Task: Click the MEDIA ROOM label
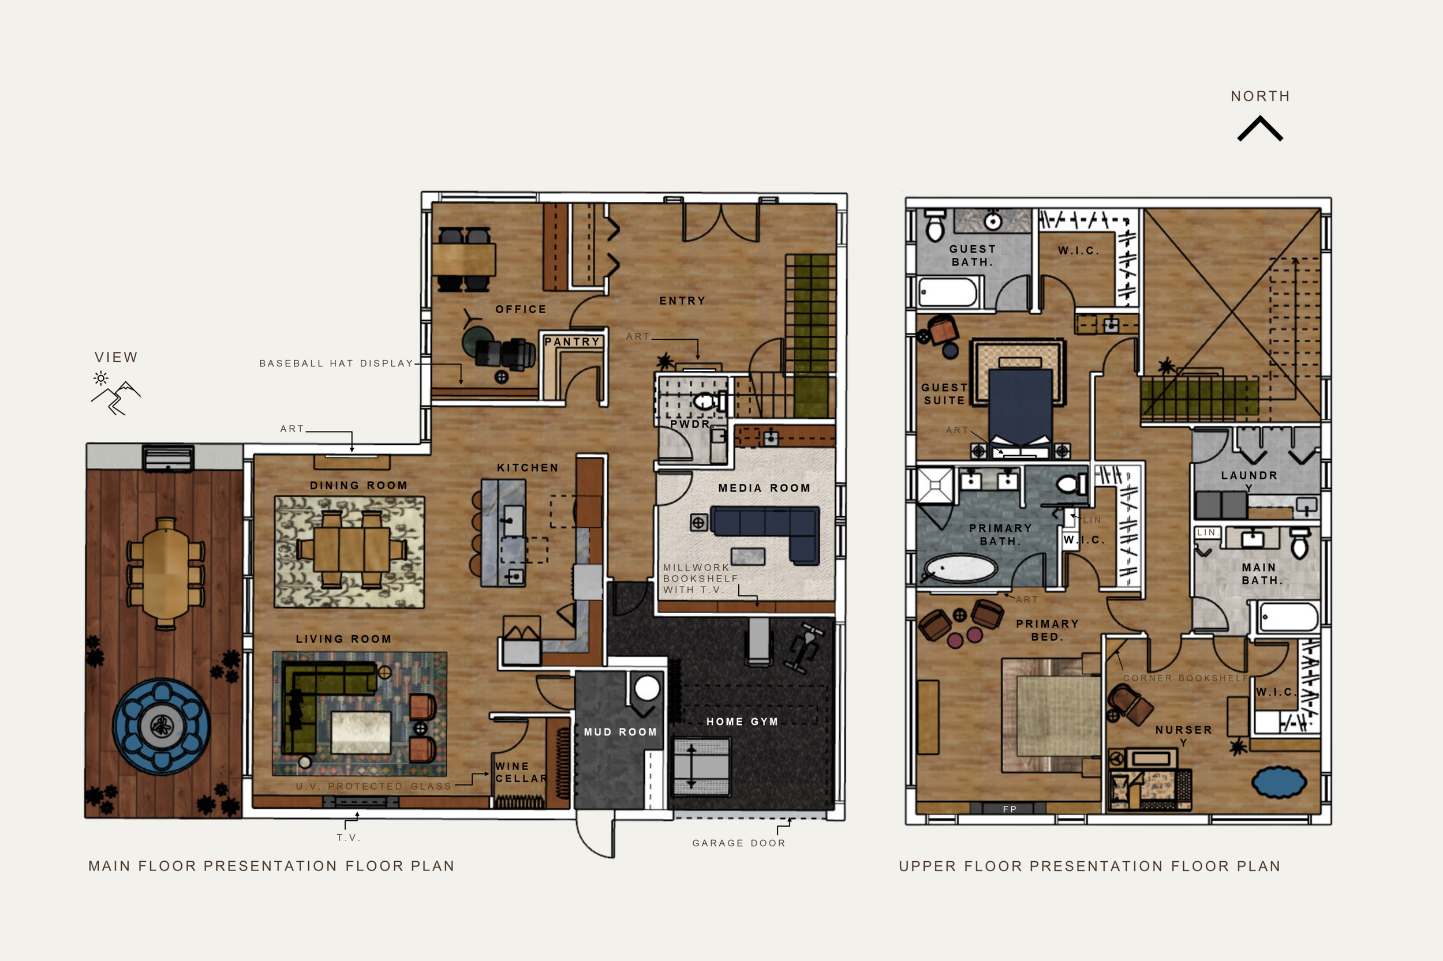coord(764,488)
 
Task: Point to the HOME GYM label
coord(742,722)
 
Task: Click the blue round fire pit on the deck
coord(162,726)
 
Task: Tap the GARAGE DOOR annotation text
coord(738,843)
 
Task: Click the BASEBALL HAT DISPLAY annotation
coord(336,363)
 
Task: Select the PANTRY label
coord(571,341)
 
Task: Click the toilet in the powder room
coord(705,402)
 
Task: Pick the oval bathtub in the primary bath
coord(960,568)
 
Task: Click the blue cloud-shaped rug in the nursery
coord(1278,782)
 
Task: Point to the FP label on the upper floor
coord(1010,809)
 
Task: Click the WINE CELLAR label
coord(520,772)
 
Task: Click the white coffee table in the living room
coord(361,732)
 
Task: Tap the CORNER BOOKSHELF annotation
coord(1186,678)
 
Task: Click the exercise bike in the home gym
coord(806,648)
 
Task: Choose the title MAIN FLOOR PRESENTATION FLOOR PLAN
coord(271,866)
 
